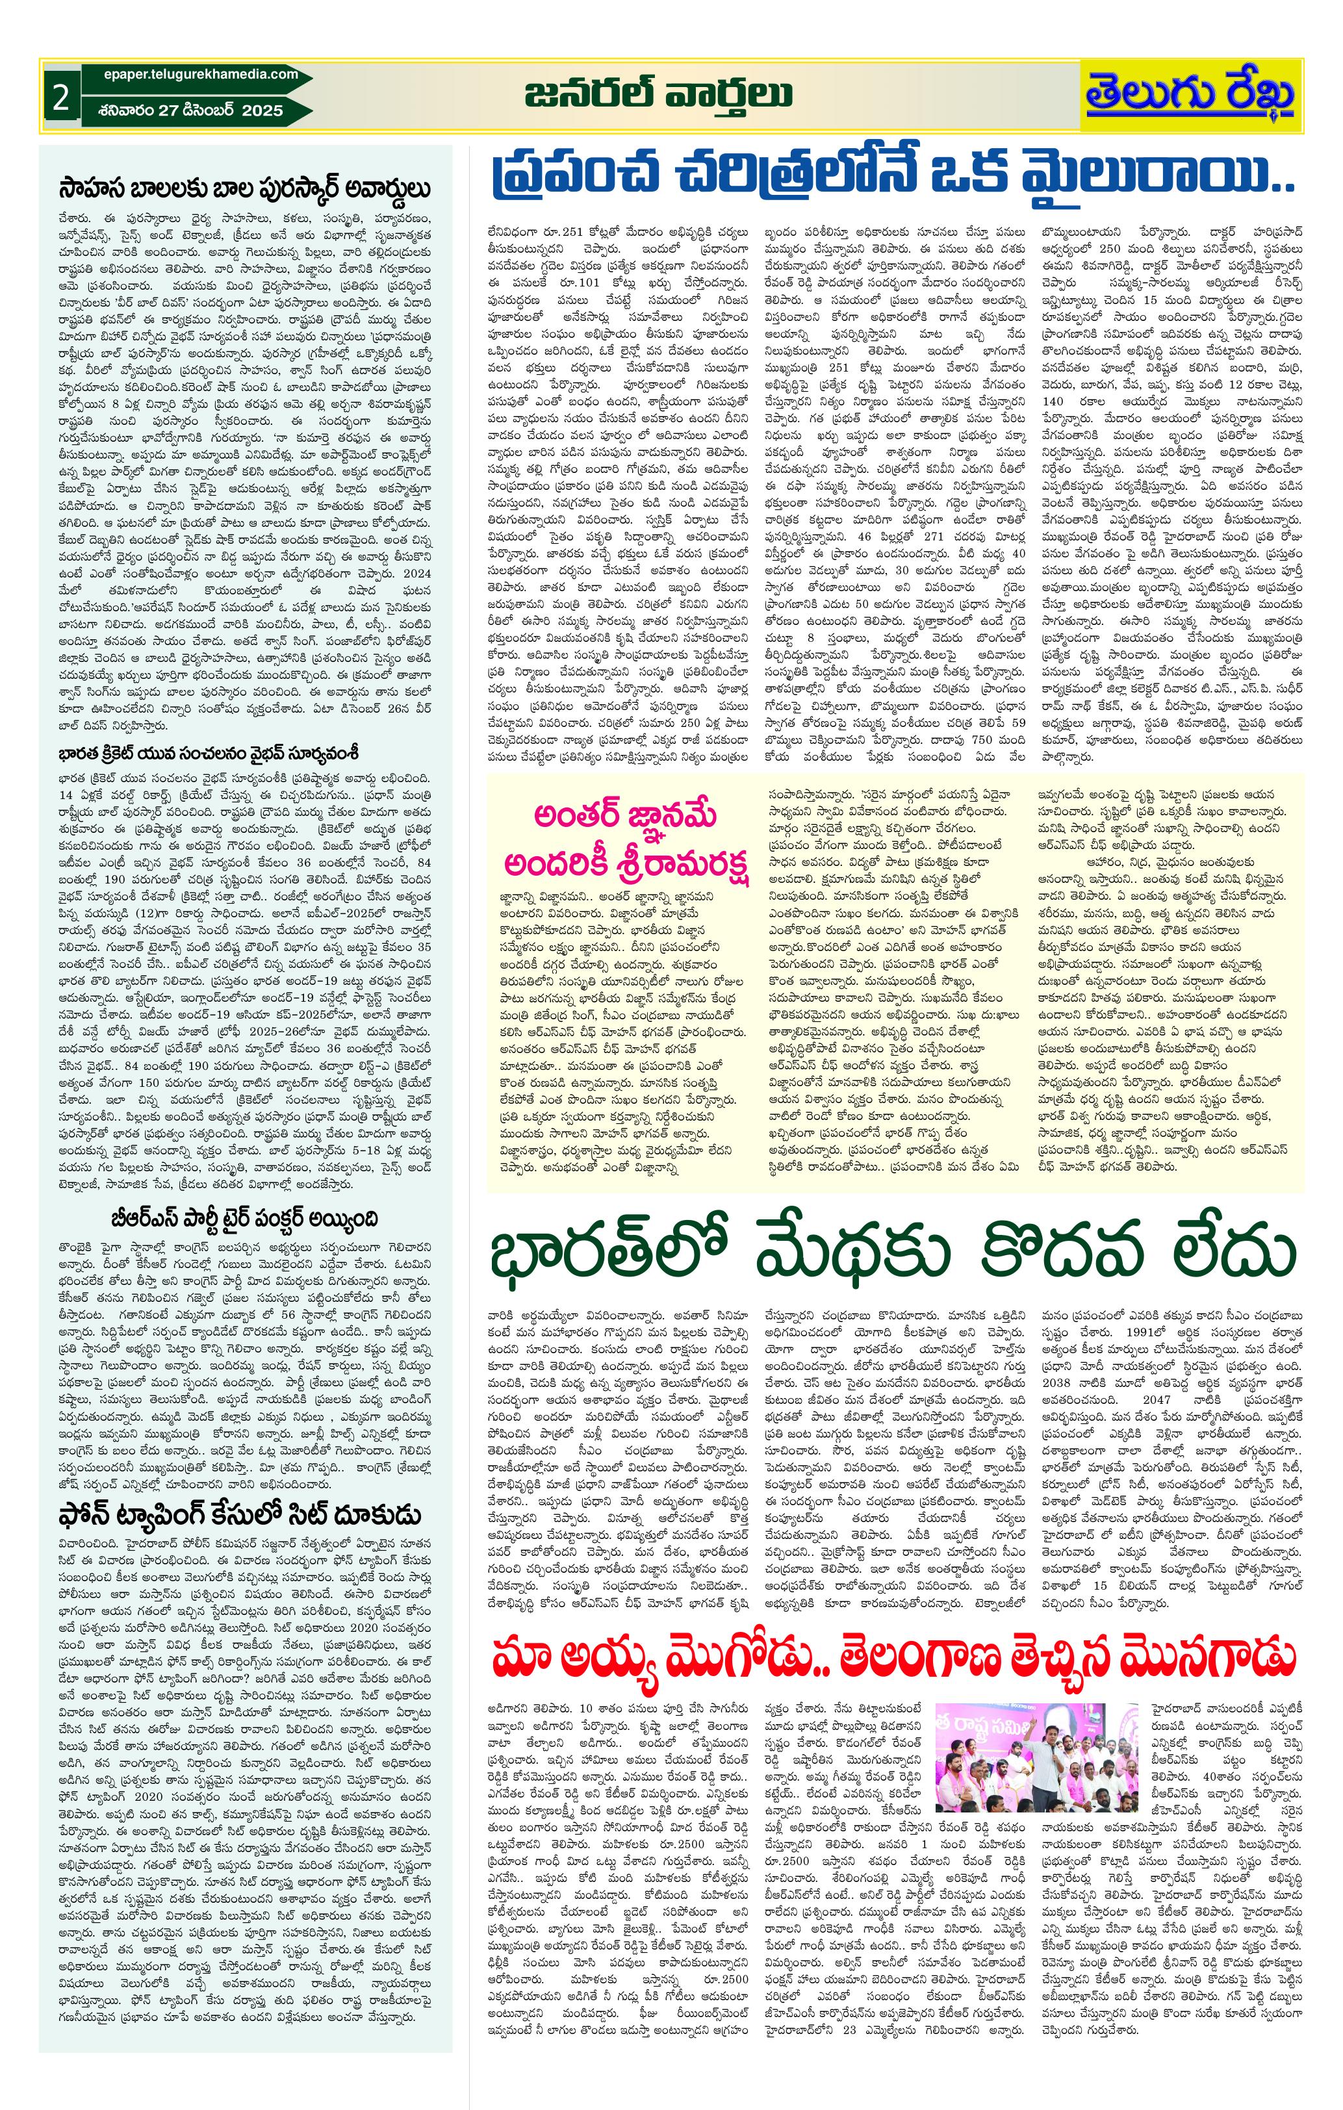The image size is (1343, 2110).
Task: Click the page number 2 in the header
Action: pos(60,97)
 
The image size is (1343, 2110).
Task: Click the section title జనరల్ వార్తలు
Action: pos(658,95)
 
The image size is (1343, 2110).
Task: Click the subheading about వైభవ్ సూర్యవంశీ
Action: pos(211,754)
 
